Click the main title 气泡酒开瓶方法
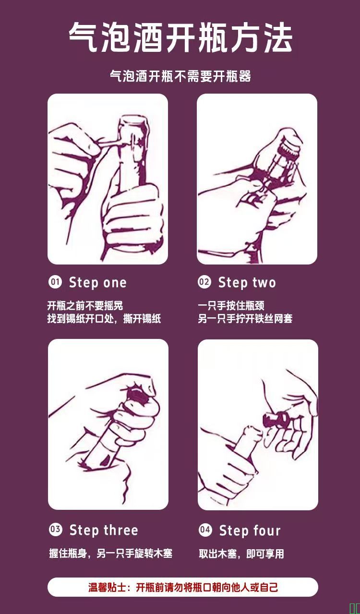coord(180,37)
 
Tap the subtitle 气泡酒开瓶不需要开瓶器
coord(180,76)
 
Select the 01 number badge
coord(55,282)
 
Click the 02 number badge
coord(204,282)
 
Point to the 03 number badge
coord(56,530)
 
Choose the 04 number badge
coord(205,530)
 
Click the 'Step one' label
coord(98,283)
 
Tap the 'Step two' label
coord(247,283)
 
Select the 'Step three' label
coord(104,530)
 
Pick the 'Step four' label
coord(250,530)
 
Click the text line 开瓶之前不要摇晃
coord(85,306)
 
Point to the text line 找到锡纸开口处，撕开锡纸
coord(104,319)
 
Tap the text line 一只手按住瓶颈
coord(231,306)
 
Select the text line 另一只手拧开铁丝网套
coord(245,319)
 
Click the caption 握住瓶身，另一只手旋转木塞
coord(111,554)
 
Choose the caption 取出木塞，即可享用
coord(241,554)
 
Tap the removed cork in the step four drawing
coord(276,420)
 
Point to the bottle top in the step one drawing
coord(133,123)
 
